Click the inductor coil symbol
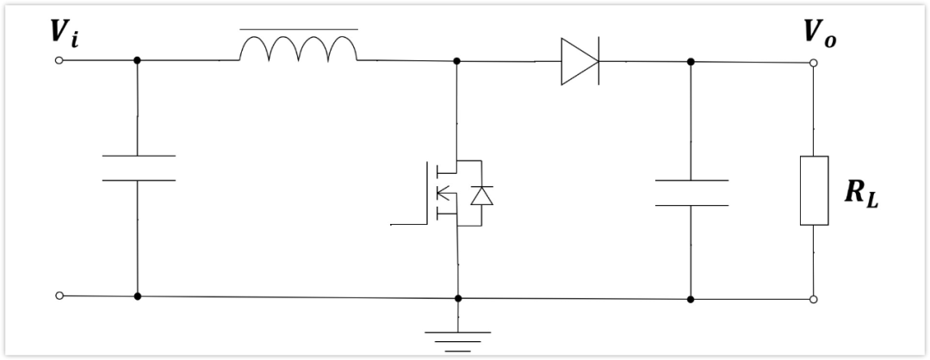298,48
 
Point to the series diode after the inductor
580,61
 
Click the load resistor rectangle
814,190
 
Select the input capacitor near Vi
138,168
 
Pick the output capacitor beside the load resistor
691,193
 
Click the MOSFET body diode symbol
481,196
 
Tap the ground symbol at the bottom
458,342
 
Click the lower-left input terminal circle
59,295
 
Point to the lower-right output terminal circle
814,300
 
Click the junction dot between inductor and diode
456,61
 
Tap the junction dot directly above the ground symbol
458,298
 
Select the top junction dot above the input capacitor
137,60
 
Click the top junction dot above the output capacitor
691,62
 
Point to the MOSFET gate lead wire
409,225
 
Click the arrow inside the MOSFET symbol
443,192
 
